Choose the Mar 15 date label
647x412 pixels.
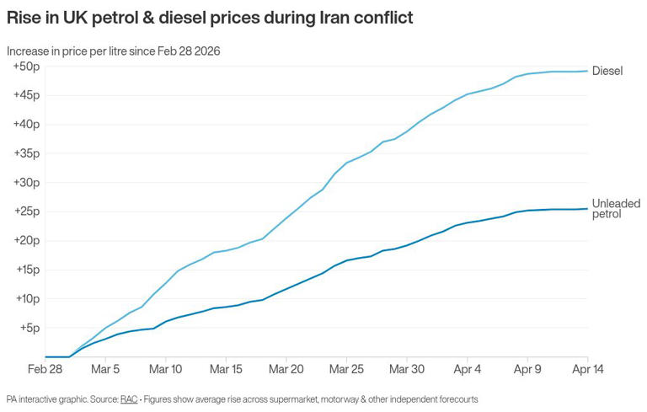(x=226, y=369)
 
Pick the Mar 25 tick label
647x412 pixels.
(x=346, y=369)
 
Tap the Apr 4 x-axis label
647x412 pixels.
(x=468, y=369)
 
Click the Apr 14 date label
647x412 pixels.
(x=587, y=369)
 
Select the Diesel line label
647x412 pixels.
(x=607, y=71)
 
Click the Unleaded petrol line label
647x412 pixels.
(x=616, y=209)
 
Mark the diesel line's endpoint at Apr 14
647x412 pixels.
(x=587, y=71)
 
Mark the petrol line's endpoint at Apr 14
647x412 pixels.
(x=587, y=209)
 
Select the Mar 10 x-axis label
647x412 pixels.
(x=166, y=369)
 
